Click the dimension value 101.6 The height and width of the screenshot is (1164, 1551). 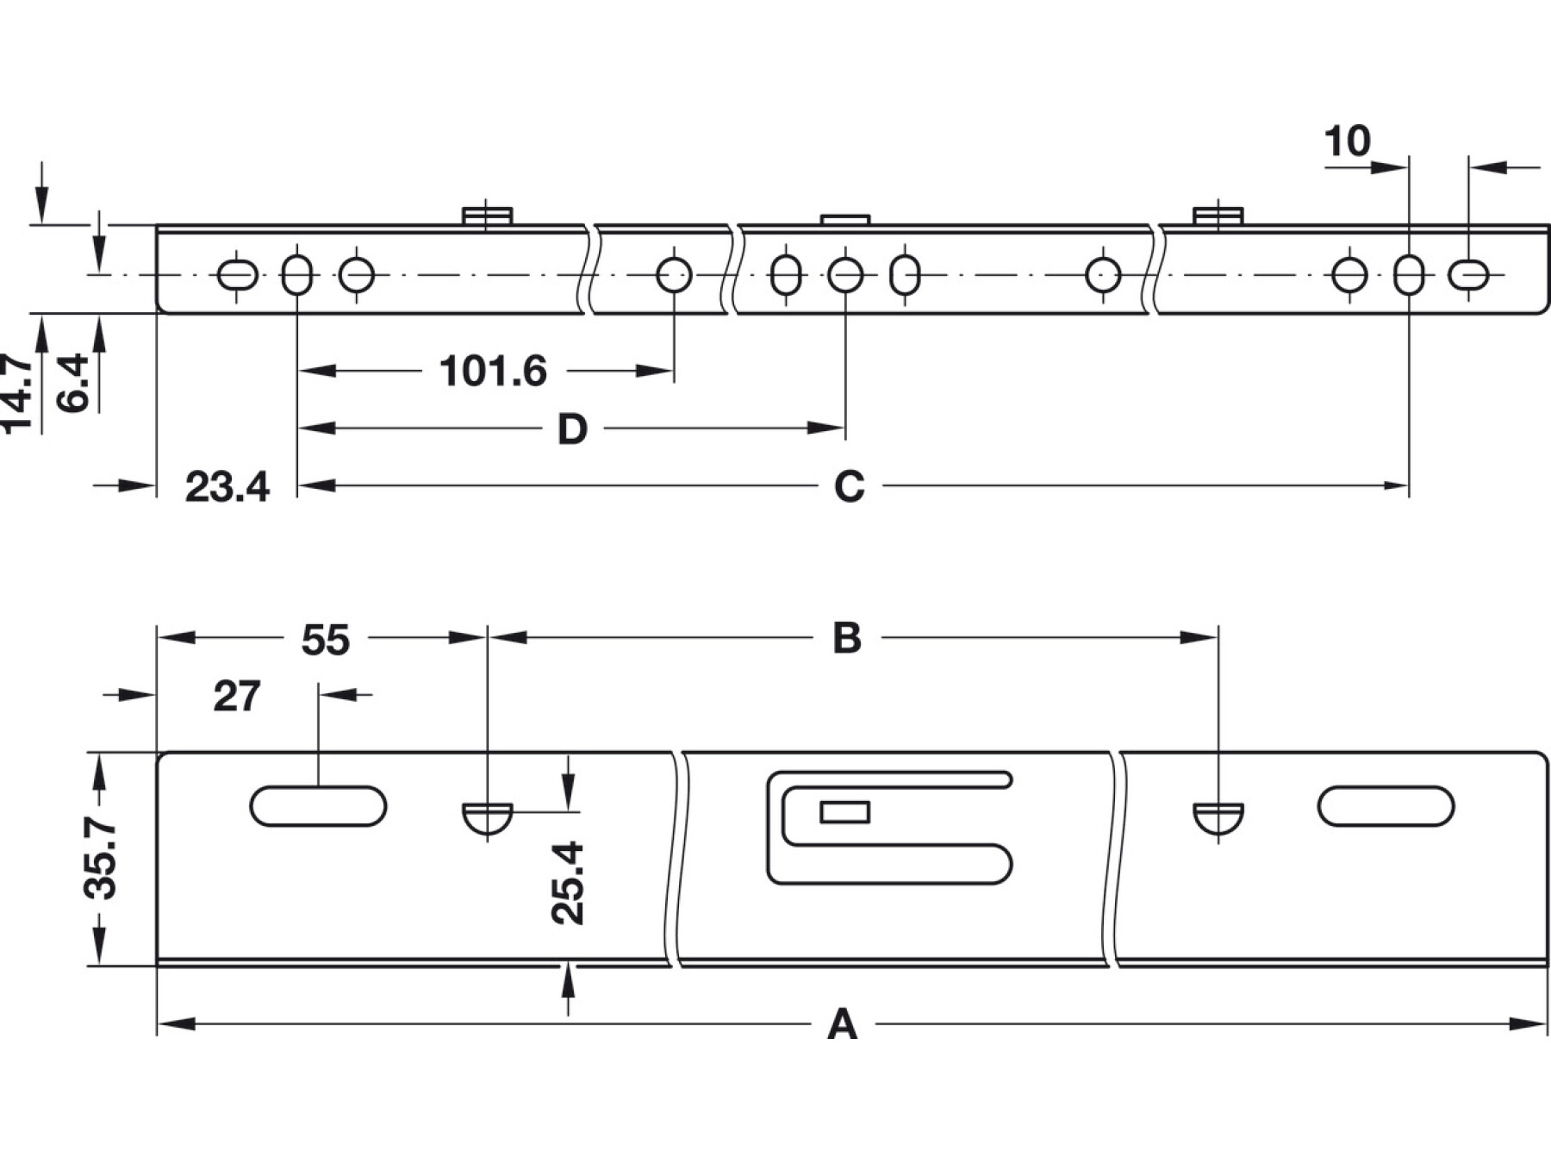(493, 372)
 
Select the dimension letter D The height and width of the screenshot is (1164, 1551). (572, 429)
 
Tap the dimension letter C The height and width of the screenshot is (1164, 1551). (849, 487)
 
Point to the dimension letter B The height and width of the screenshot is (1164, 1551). (847, 639)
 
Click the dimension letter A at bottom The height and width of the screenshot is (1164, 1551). (842, 1025)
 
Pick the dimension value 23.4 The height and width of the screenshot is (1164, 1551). (227, 487)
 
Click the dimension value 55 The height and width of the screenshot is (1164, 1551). (326, 641)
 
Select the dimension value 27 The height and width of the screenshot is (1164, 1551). (237, 697)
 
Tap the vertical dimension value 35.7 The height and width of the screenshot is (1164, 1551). (102, 859)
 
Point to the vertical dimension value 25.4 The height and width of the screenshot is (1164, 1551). (569, 883)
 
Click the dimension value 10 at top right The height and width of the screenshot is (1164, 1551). (1347, 141)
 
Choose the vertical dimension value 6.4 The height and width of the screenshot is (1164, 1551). (72, 384)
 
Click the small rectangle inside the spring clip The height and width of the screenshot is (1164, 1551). (844, 811)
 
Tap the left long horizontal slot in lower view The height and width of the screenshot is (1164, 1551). (318, 806)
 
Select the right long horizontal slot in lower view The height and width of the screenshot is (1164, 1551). (1386, 806)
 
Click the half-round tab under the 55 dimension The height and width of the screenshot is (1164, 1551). (488, 817)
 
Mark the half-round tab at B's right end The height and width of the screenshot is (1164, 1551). (1218, 817)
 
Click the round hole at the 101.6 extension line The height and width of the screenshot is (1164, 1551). (674, 275)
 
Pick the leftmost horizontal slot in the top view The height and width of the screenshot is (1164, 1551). (237, 276)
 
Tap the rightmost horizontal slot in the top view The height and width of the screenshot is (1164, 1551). (1469, 276)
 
